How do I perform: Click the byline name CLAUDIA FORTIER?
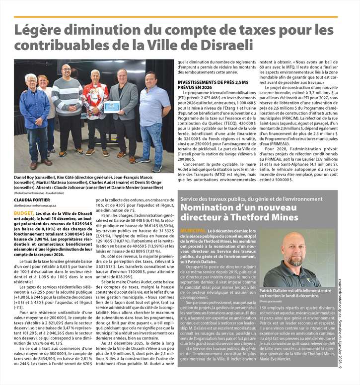pos(31,200)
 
